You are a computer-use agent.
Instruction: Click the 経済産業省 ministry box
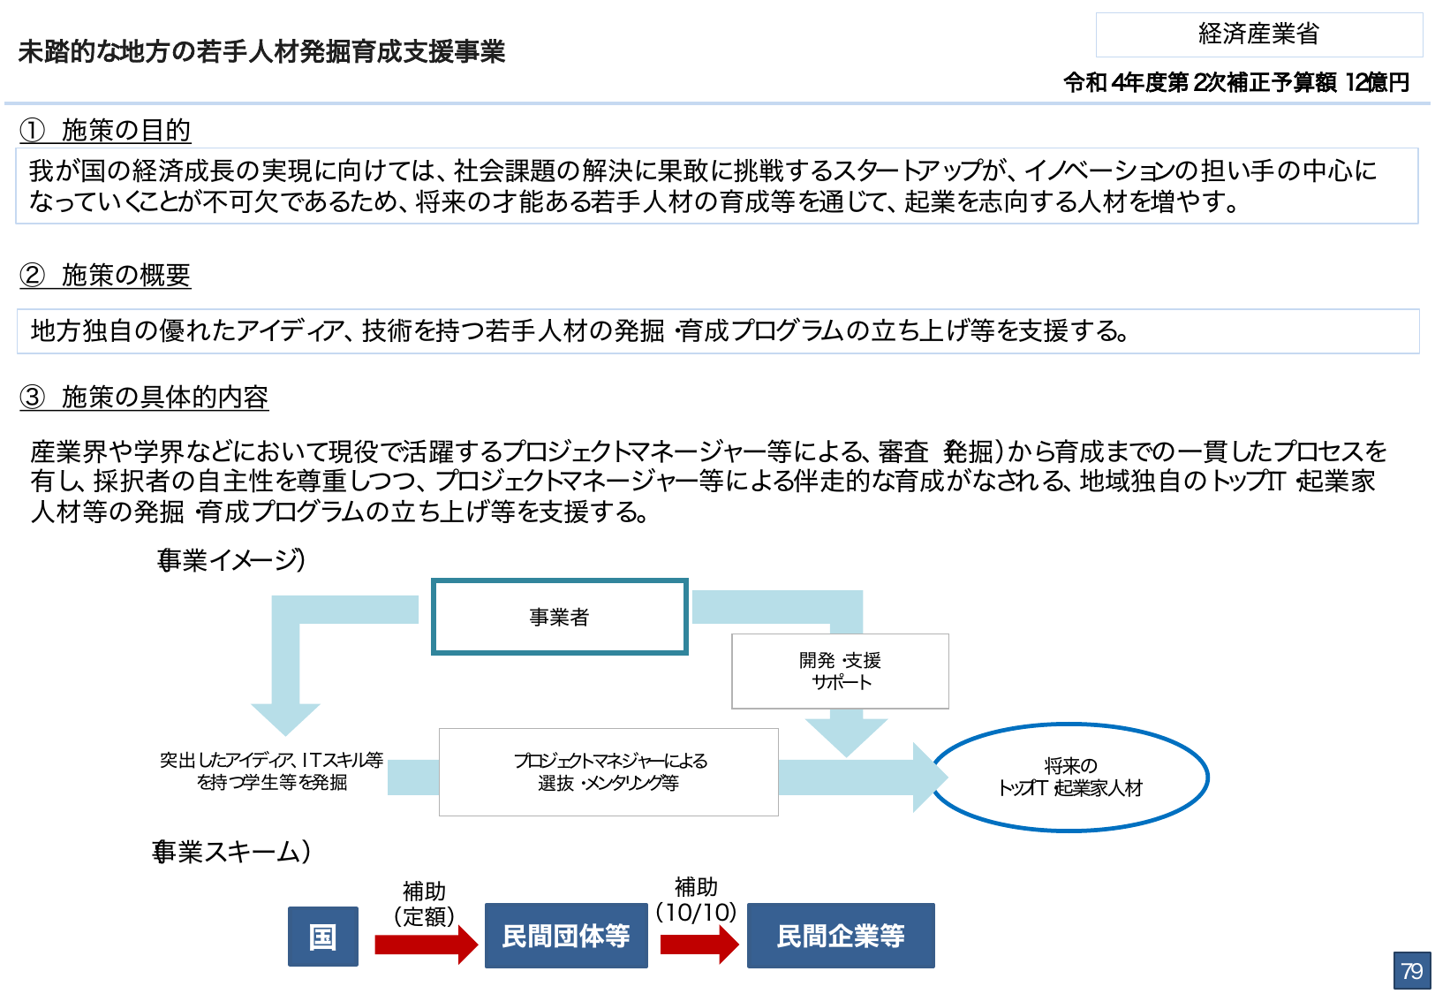click(x=1258, y=34)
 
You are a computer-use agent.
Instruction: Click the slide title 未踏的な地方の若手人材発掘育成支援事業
click(x=261, y=52)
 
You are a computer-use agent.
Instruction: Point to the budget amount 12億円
click(x=1377, y=83)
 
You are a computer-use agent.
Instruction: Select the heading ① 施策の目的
click(x=106, y=131)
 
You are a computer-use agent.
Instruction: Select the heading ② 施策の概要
click(x=106, y=276)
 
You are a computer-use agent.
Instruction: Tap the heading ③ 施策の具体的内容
click(x=145, y=398)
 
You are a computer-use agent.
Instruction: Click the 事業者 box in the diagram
click(x=559, y=617)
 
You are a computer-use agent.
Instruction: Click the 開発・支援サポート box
click(x=840, y=672)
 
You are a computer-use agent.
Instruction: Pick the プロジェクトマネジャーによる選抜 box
click(x=608, y=772)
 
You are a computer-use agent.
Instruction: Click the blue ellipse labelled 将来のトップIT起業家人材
click(x=1070, y=778)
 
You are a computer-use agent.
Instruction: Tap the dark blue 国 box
click(x=323, y=937)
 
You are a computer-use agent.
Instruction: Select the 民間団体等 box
click(x=566, y=937)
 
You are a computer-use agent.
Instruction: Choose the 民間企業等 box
click(x=841, y=937)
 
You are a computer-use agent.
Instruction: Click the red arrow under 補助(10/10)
click(x=699, y=945)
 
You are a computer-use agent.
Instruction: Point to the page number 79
click(x=1411, y=971)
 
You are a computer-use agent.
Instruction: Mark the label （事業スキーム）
click(x=231, y=852)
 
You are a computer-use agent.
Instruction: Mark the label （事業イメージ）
click(x=231, y=560)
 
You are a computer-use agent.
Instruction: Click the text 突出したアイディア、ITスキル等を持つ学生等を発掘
click(x=272, y=771)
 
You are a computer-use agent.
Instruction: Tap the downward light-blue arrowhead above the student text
click(x=285, y=717)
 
